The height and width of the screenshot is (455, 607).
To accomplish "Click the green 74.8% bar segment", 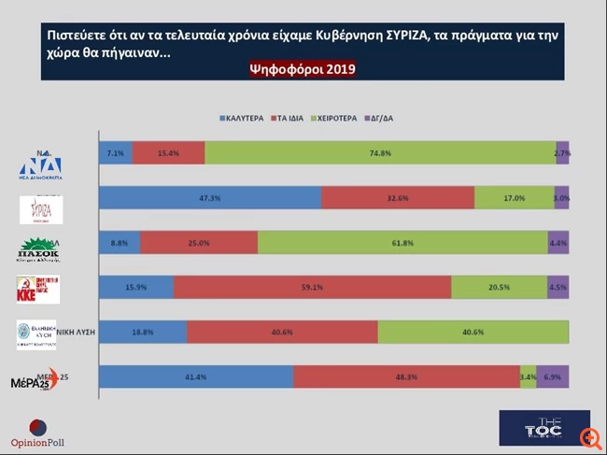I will [380, 153].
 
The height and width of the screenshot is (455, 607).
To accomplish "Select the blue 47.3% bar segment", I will [210, 198].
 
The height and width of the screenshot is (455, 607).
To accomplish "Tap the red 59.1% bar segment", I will [312, 287].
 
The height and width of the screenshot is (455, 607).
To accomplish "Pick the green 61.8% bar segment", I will [402, 242].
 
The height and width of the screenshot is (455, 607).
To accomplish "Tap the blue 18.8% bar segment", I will [143, 332].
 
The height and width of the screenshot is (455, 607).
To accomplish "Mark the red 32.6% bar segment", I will [398, 198].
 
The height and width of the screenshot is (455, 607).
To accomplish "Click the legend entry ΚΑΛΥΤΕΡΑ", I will [245, 119].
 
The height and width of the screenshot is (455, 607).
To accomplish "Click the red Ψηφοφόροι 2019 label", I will [303, 69].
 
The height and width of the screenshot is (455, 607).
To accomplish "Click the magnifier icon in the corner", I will [587, 437].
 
